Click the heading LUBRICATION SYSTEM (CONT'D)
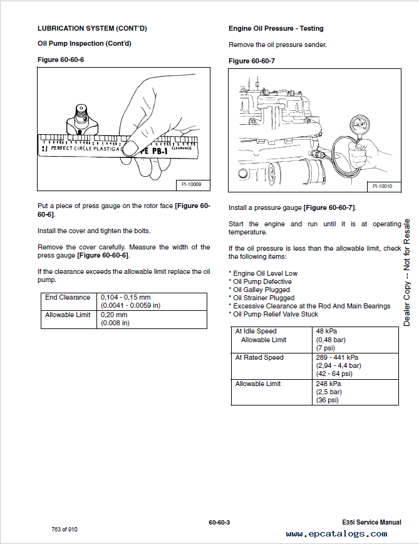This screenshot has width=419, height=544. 92,28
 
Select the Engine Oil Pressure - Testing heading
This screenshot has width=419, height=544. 276,28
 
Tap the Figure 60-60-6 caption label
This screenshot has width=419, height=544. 61,59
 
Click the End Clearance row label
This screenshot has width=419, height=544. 68,297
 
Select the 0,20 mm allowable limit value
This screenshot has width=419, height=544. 114,315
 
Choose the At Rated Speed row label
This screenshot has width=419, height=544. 259,357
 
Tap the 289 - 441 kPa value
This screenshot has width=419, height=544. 338,357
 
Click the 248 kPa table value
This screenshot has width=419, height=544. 329,384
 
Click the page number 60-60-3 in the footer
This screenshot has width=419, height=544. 219,522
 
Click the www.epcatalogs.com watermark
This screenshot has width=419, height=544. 336,534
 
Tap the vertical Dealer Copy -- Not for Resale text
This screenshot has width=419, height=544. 406,272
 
